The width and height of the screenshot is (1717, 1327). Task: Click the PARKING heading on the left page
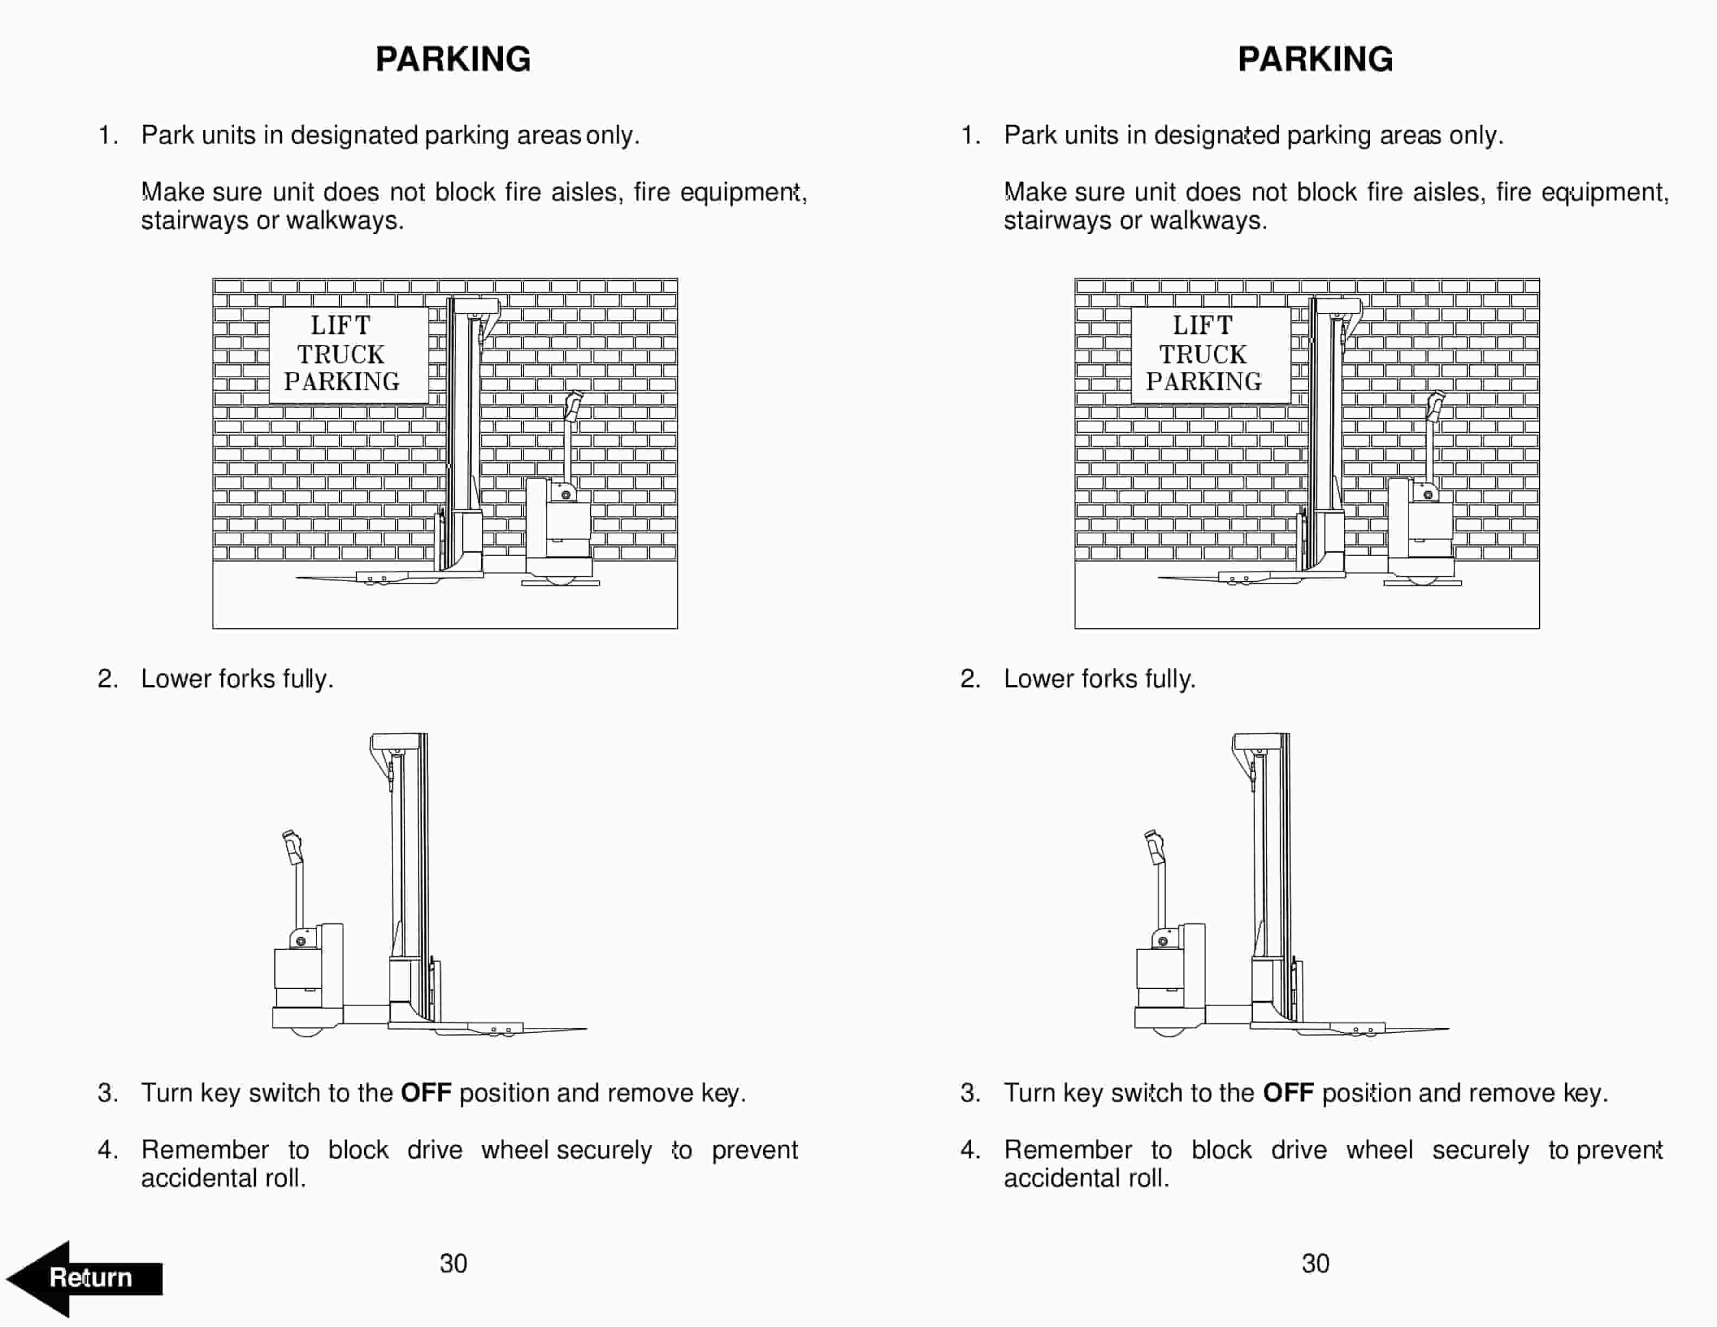pos(453,60)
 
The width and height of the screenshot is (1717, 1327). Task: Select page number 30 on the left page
pos(453,1264)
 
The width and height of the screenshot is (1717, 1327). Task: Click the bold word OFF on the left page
pos(426,1093)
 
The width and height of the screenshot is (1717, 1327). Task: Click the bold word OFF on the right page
pos(1288,1093)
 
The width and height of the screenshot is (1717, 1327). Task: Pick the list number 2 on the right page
pos(970,679)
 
